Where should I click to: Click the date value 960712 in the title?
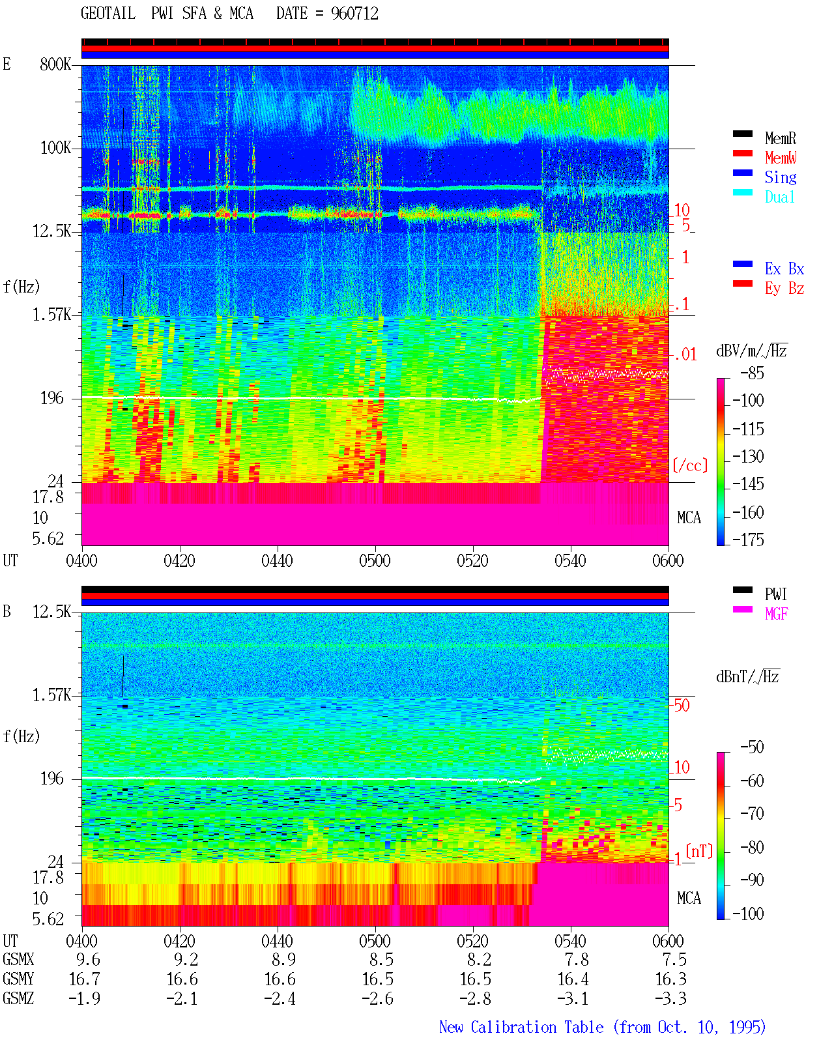point(354,14)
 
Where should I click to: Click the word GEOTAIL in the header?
point(108,14)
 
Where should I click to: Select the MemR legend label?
point(781,138)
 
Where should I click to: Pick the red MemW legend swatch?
point(742,153)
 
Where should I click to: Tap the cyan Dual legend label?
point(780,197)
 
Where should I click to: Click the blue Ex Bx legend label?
point(784,268)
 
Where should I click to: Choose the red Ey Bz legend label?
point(784,289)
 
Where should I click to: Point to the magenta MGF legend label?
point(777,614)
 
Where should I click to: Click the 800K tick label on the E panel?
point(55,64)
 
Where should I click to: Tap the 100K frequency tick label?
point(55,148)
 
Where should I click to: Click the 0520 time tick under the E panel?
point(473,561)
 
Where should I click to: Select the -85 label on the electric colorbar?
point(753,373)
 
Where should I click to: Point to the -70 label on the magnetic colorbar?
point(753,814)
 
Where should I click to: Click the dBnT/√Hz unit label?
point(748,676)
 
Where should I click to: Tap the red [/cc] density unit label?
point(690,465)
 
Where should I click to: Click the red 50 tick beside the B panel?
point(682,706)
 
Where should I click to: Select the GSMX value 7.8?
point(577,959)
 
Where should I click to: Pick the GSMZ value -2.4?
point(280,998)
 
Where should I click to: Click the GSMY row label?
point(18,979)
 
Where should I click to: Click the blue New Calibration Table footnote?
point(602,1027)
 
